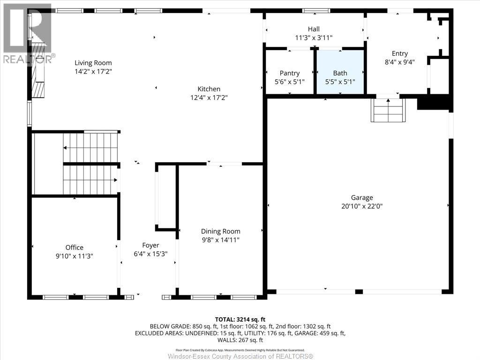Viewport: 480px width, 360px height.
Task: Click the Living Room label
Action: coord(93,63)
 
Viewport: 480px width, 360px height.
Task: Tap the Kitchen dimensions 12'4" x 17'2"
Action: coord(209,97)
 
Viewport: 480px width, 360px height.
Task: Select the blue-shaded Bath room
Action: coord(340,72)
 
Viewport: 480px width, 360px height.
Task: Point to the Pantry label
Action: coord(290,73)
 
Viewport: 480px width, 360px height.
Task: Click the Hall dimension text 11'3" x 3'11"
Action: coord(314,37)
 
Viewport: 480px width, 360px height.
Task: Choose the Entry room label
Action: coord(400,53)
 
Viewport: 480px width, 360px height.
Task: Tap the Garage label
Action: coord(362,198)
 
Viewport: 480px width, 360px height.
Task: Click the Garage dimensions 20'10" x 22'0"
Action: coord(362,206)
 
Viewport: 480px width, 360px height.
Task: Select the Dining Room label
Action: coord(220,232)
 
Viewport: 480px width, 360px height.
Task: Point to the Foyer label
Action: coord(150,246)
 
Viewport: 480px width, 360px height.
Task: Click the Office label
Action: coord(75,247)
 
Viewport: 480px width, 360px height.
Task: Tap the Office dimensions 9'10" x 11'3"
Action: coord(75,256)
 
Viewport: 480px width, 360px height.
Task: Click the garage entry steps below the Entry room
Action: coord(389,110)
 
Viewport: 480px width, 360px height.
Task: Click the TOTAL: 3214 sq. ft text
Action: coord(240,320)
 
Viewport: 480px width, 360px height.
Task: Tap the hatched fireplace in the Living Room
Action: coord(38,70)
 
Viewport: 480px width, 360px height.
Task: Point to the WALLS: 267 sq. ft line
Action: coord(240,340)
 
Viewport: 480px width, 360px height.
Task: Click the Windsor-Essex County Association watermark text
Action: coord(240,356)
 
